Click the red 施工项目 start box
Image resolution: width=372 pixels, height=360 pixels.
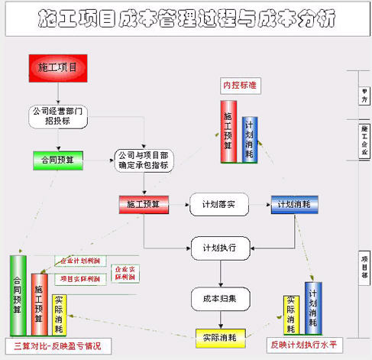pos(58,67)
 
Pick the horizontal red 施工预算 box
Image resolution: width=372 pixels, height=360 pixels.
pos(143,204)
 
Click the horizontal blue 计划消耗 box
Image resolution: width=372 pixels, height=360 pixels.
pos(294,204)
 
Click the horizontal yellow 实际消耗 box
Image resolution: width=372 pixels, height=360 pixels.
pos(219,336)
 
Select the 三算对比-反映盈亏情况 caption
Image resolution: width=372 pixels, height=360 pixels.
pos(57,345)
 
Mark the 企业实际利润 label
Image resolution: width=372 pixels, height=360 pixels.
pos(123,273)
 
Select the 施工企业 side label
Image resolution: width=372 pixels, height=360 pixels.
pos(364,138)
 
